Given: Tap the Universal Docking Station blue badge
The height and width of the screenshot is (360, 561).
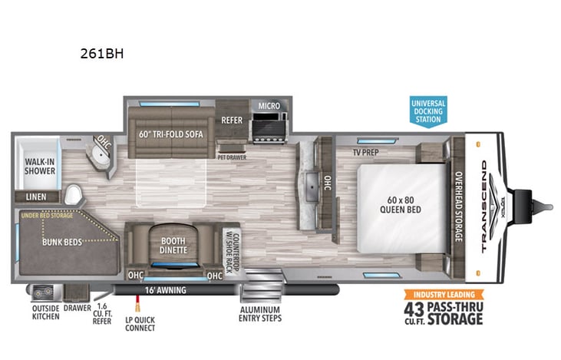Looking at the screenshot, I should (427, 111).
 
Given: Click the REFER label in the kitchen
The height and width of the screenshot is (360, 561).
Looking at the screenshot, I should (232, 120).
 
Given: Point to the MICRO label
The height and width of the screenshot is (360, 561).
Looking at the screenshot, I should (268, 105).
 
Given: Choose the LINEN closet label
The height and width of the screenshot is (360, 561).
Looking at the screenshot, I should (35, 197).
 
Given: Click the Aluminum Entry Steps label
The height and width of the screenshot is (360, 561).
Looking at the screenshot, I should (260, 313).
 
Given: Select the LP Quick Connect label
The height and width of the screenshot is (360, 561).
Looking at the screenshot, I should (141, 322).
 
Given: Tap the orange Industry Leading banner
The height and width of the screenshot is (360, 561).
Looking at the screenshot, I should (445, 294).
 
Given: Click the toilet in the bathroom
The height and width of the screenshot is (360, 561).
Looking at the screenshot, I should (74, 195).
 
